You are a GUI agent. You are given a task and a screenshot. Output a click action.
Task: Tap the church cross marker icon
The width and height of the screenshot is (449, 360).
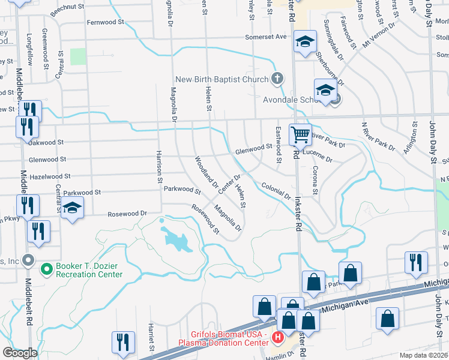point(277,78)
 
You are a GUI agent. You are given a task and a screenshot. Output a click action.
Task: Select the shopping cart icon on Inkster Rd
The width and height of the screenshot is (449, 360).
point(300,134)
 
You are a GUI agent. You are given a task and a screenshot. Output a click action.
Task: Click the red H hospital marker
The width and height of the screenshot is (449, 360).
point(277,338)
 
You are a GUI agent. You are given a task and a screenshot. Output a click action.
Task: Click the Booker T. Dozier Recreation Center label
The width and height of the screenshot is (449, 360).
point(89,270)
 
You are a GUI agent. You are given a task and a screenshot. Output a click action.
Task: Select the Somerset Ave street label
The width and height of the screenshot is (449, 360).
point(265,37)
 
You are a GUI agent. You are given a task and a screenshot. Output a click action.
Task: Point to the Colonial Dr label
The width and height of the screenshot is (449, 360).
point(276,191)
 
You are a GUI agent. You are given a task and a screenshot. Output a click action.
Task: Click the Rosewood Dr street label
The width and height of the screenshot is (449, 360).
point(127,214)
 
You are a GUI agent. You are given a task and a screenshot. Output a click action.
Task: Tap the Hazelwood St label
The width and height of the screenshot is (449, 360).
point(50,176)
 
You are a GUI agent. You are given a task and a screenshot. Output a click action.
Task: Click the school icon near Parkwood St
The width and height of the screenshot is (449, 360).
point(72,209)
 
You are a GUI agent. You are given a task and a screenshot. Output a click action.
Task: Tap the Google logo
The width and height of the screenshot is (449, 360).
point(19,353)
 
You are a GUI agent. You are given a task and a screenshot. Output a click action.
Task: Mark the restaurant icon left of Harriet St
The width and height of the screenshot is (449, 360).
point(122,343)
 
